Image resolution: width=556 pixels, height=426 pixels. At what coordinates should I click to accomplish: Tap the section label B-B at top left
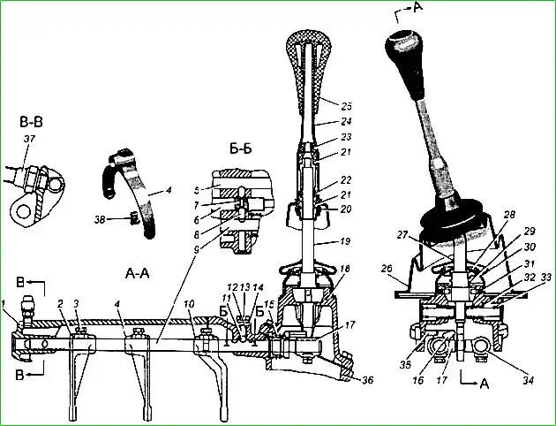click(x=28, y=121)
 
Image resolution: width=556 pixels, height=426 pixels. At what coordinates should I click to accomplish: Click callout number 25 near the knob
click(x=346, y=105)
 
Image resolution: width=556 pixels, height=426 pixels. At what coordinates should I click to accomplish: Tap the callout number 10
click(x=188, y=303)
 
